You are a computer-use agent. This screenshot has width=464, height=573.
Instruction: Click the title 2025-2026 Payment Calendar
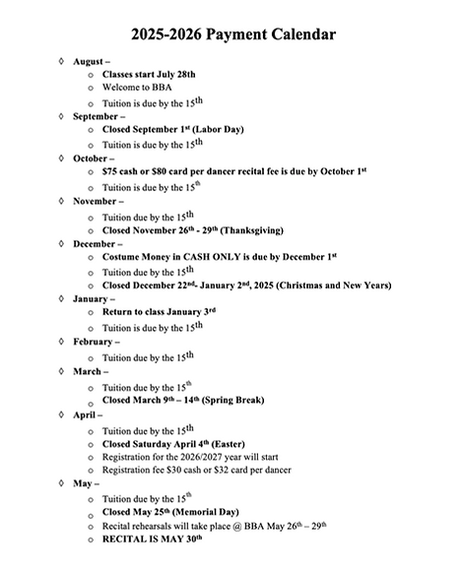point(232,34)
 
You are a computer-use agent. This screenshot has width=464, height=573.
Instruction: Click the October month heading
point(93,158)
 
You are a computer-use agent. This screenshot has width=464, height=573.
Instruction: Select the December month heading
point(98,243)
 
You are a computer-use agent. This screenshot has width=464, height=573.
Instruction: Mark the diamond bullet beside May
point(62,484)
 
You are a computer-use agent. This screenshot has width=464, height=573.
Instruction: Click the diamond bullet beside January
point(62,298)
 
